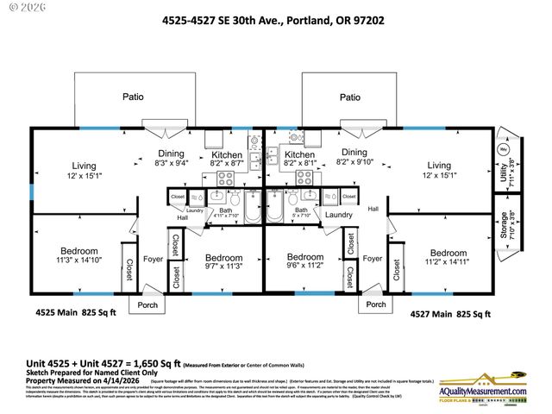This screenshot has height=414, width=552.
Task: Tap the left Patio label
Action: point(132,97)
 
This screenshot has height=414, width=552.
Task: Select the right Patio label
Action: point(349,97)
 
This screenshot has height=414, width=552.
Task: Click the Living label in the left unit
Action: point(83,170)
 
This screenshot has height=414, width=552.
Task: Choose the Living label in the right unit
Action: point(439,170)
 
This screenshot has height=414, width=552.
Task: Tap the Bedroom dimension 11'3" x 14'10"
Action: point(78,258)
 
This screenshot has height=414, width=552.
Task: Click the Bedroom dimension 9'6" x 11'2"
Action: point(305,267)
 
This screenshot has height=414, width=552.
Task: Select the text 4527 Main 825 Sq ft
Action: point(450,315)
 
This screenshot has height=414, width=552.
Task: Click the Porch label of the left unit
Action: point(143,304)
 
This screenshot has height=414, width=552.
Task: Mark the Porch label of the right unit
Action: point(376,304)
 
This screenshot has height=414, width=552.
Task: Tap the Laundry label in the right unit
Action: point(338,215)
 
